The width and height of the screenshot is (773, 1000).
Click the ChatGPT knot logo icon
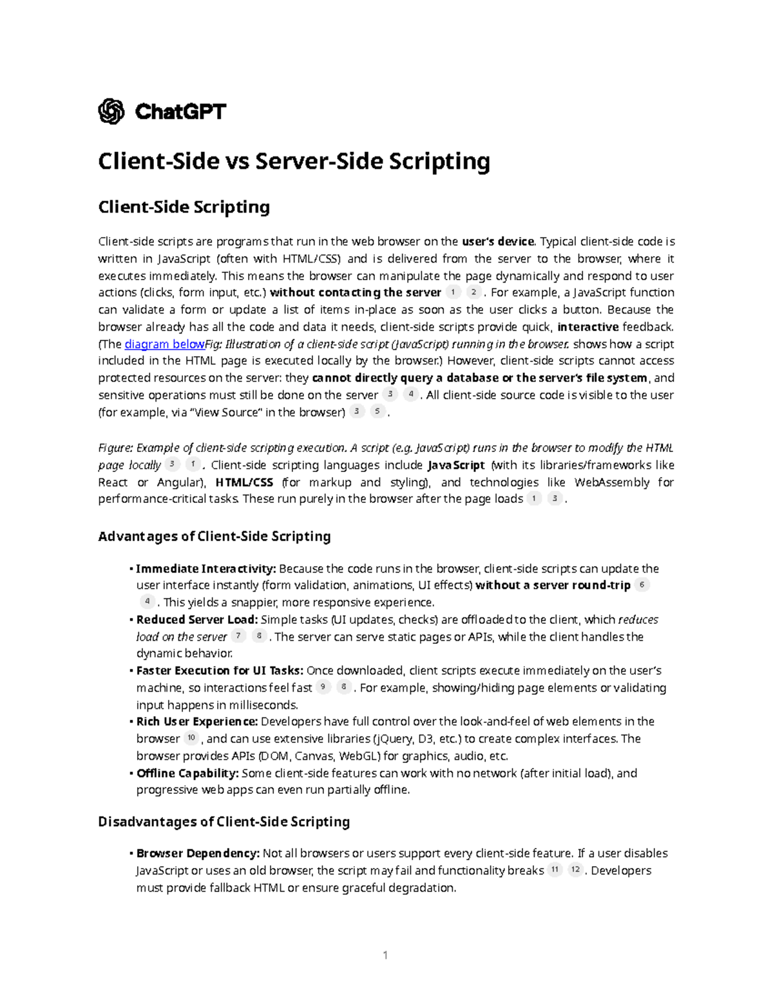(x=111, y=111)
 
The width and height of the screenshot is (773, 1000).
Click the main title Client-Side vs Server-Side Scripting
(x=294, y=161)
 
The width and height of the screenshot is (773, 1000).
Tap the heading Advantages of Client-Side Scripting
(x=214, y=536)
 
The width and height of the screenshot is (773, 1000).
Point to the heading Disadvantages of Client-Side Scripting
(x=224, y=822)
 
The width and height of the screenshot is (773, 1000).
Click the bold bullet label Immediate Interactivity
(x=205, y=569)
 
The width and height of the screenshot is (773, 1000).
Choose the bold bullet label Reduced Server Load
(x=196, y=619)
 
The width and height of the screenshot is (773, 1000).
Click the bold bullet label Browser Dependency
(x=198, y=853)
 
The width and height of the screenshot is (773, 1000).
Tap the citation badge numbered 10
(x=191, y=738)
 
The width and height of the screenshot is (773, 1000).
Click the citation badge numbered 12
(x=575, y=870)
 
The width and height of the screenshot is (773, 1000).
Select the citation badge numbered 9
(x=323, y=687)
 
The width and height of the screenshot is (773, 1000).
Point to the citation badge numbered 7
(x=238, y=636)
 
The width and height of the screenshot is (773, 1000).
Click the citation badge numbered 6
(x=642, y=585)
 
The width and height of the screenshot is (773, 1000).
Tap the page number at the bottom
(x=385, y=955)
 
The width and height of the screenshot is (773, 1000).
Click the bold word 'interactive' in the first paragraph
(x=587, y=326)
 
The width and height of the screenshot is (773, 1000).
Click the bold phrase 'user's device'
(x=498, y=242)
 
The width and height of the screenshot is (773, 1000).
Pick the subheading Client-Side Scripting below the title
(x=184, y=207)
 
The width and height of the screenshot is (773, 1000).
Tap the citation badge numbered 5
(x=377, y=411)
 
